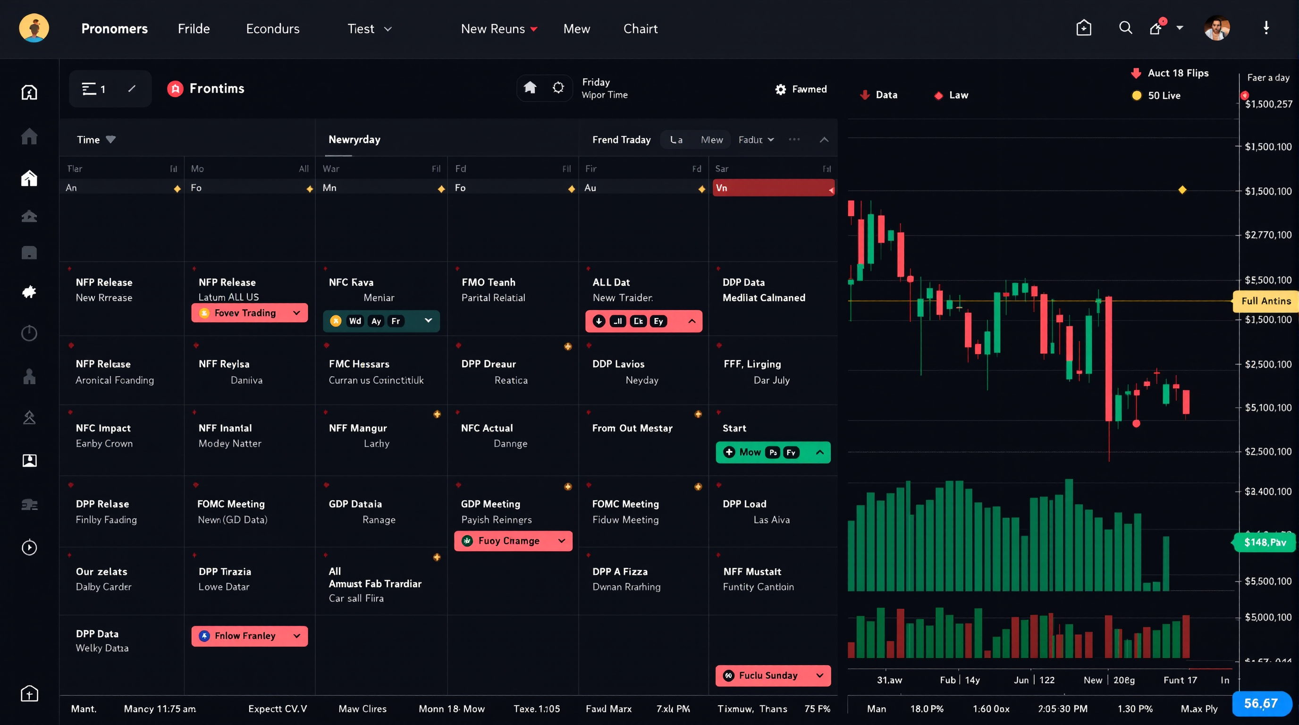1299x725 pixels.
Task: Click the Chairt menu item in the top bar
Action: pyautogui.click(x=640, y=29)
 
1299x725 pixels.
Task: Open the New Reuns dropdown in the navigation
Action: pyautogui.click(x=499, y=29)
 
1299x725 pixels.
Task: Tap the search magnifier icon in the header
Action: pyautogui.click(x=1125, y=28)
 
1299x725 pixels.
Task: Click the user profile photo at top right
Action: pyautogui.click(x=1216, y=28)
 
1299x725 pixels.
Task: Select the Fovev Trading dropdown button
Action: pyautogui.click(x=250, y=312)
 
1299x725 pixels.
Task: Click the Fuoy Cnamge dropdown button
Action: pyautogui.click(x=513, y=540)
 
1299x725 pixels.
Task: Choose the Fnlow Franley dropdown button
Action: pyautogui.click(x=250, y=636)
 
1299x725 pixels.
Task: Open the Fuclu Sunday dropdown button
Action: pyautogui.click(x=773, y=675)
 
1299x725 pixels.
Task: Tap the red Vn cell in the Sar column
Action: pyautogui.click(x=773, y=188)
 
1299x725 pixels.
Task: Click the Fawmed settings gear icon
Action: pyautogui.click(x=780, y=89)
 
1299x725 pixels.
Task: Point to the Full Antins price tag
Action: pyautogui.click(x=1265, y=301)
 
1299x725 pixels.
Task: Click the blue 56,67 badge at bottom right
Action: pyautogui.click(x=1261, y=703)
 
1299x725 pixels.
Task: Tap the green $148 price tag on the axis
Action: pyautogui.click(x=1265, y=542)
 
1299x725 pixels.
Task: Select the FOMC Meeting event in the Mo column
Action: pyautogui.click(x=231, y=504)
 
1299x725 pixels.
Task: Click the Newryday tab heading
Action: pyautogui.click(x=354, y=140)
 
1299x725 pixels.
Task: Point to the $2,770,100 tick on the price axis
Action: pyautogui.click(x=1268, y=235)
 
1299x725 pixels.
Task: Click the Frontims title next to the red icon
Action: pyautogui.click(x=216, y=89)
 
